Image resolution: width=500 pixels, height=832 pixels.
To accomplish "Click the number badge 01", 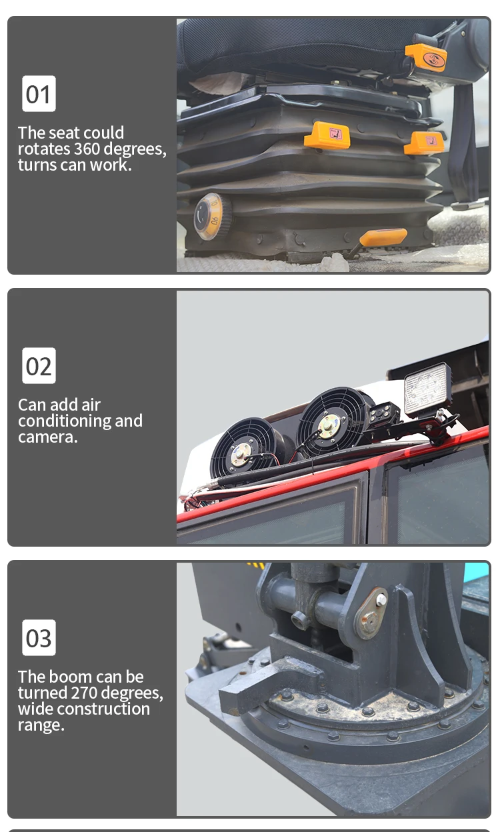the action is tap(39, 93).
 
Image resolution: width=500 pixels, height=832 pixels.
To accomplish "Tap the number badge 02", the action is tap(39, 366).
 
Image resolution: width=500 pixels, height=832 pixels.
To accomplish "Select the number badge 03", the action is tap(39, 638).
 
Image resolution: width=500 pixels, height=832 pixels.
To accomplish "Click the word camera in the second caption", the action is tap(47, 437).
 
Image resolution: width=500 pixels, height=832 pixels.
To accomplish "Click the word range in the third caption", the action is tap(41, 725).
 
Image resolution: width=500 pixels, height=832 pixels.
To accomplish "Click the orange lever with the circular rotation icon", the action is tap(426, 57).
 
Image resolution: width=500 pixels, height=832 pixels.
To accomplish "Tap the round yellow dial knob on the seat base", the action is tap(209, 217).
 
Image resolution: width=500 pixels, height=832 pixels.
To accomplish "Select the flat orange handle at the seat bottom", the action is tap(383, 237).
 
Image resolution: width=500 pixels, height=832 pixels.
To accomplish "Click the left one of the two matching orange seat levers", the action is tap(327, 135).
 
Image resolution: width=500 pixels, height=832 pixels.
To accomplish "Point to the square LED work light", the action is tap(428, 389).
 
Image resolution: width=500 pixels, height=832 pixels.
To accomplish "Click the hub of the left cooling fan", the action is tap(241, 454).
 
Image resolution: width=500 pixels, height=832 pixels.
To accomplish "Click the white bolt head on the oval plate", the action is tap(381, 599).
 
